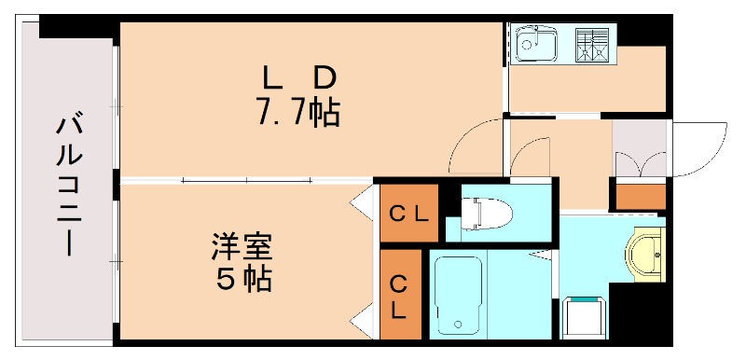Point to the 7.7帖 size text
coord(297,113)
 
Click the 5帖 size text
coord(241,278)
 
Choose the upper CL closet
coord(408,214)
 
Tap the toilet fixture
coord(485,214)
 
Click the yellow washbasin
coord(644,252)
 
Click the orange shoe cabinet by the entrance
coord(639,197)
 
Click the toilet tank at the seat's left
coord(469,214)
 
